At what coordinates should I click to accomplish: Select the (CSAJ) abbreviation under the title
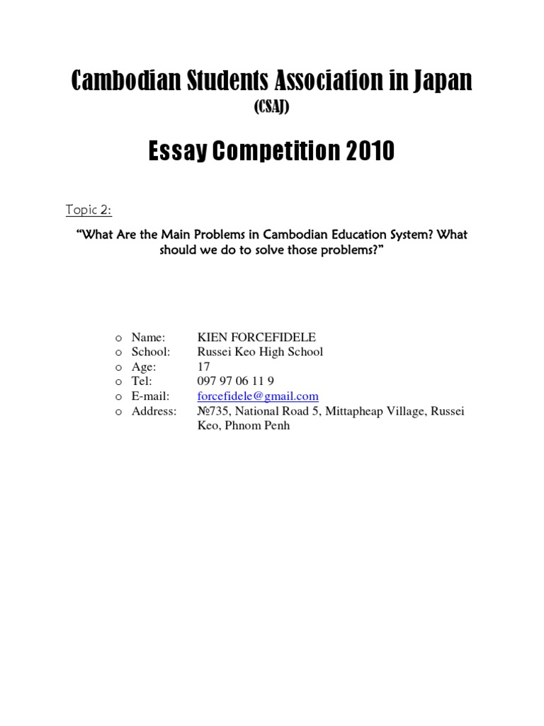(271, 106)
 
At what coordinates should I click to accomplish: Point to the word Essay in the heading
(178, 151)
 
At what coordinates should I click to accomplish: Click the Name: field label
(148, 337)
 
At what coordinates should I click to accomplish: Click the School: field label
(151, 352)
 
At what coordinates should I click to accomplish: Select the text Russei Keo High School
(260, 352)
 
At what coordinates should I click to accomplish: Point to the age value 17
(203, 367)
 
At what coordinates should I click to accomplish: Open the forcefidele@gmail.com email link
(258, 396)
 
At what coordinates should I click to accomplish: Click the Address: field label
(154, 411)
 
